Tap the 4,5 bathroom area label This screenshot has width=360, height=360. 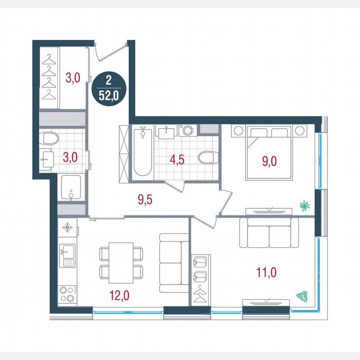point(177,160)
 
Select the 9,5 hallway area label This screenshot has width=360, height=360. point(145,200)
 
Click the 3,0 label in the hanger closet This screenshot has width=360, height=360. point(72,77)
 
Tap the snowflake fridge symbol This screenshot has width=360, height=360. point(67,228)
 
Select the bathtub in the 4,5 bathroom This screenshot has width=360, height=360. point(142,152)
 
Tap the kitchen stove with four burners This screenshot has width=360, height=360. point(66,293)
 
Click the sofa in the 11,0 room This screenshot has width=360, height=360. point(269,233)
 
